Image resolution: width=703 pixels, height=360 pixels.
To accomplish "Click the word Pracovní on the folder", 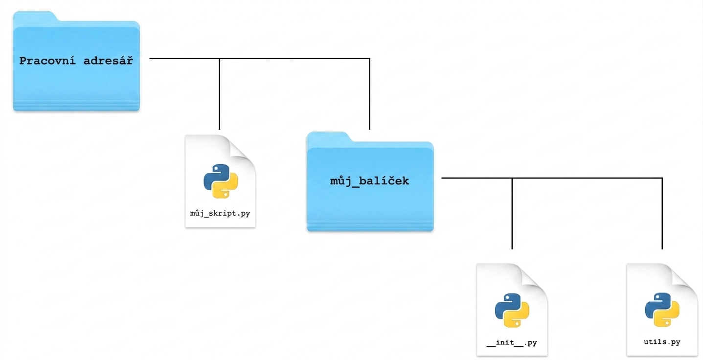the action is [x=47, y=61].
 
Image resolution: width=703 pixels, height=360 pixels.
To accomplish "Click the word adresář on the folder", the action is [x=108, y=61].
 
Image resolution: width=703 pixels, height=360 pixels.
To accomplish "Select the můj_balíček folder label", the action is [x=370, y=181].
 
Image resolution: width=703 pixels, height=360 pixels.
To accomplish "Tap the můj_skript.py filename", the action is [x=220, y=213].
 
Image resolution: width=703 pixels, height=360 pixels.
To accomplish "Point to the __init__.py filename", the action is [x=512, y=342].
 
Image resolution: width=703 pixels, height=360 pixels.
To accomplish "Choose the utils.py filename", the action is [x=662, y=342].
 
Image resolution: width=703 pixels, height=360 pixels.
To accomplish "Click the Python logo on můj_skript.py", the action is [x=221, y=181].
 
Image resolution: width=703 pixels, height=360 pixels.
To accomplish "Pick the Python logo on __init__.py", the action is [x=512, y=310].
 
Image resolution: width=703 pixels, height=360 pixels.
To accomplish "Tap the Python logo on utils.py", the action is [x=662, y=310].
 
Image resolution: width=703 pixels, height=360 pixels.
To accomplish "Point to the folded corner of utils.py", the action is [x=684, y=278].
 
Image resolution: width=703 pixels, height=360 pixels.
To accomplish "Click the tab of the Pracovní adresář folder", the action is [x=35, y=16].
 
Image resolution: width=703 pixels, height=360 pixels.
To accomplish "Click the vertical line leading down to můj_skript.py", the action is [x=219, y=94].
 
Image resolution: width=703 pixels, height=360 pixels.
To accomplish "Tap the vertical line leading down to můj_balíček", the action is [x=370, y=94].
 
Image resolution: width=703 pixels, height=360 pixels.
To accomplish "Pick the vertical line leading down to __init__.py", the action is [x=512, y=214].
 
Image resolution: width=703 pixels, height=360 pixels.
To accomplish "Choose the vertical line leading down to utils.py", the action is [x=662, y=214].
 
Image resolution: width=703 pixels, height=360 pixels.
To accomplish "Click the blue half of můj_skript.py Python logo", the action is [x=214, y=176].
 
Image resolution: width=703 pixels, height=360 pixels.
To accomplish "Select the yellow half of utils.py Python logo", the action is [x=668, y=316].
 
